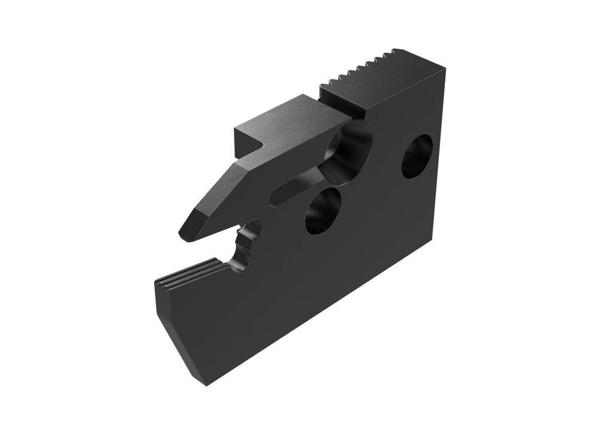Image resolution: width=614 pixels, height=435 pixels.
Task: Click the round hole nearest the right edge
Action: (417, 156)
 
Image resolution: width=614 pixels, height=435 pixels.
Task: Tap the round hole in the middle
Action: (323, 211)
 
